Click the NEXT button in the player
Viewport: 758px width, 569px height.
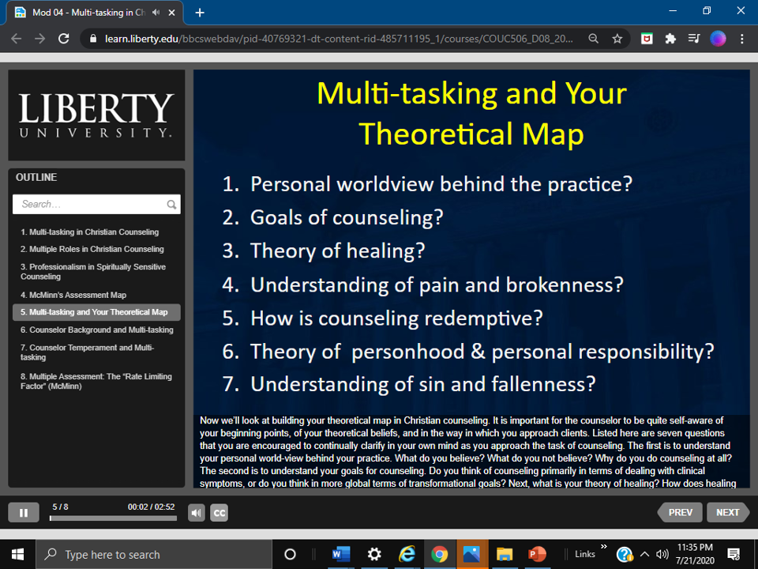(727, 512)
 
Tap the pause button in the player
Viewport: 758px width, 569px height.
(24, 513)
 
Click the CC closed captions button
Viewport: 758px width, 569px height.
(219, 513)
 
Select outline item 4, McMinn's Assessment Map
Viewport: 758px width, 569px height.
(73, 295)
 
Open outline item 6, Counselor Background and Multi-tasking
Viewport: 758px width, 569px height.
(96, 330)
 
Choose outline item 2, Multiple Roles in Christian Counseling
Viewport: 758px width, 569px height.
(92, 249)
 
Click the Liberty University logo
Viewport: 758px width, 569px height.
(96, 115)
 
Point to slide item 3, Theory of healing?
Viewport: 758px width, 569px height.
(324, 251)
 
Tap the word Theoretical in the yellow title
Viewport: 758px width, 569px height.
(436, 134)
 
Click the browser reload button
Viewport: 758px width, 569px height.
(63, 39)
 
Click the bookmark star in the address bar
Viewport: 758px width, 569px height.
(617, 39)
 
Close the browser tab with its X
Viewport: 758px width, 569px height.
(171, 13)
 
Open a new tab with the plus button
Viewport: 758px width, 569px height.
(200, 13)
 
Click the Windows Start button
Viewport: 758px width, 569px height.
(17, 555)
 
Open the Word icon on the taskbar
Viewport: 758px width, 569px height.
(341, 554)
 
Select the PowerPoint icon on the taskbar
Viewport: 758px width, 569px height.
(537, 554)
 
